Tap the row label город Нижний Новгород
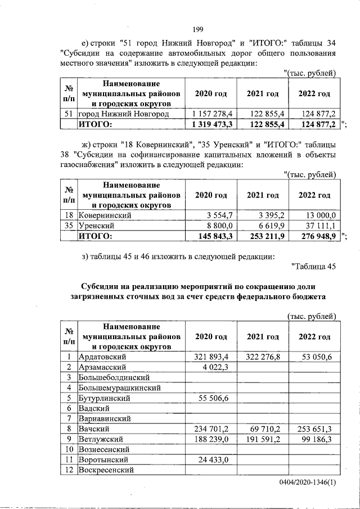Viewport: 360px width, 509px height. pyautogui.click(x=124, y=113)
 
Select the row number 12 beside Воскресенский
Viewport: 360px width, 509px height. pyautogui.click(x=69, y=470)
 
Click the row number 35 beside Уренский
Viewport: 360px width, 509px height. pyautogui.click(x=69, y=225)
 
